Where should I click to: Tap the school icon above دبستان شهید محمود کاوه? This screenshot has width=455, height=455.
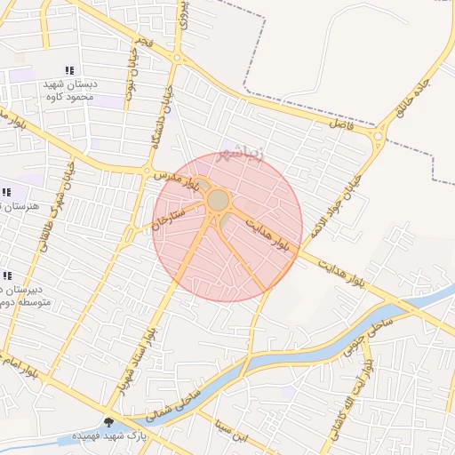[69, 70]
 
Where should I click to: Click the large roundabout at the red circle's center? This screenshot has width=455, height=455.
[218, 200]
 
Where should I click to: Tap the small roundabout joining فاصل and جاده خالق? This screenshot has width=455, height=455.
[381, 136]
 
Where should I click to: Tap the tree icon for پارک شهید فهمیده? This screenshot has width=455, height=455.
[109, 423]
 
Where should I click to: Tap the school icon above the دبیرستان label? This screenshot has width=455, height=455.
[8, 276]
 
